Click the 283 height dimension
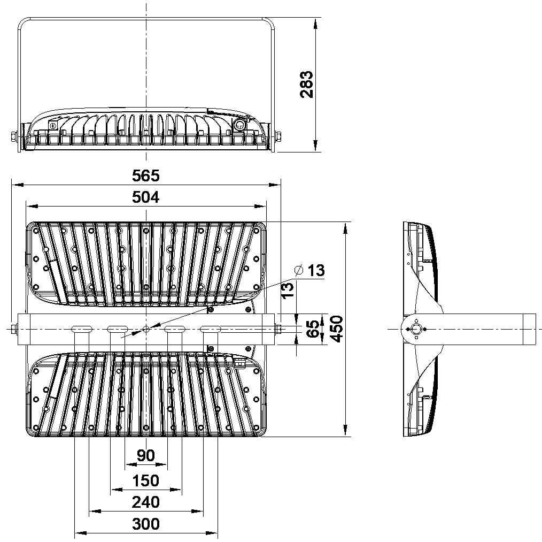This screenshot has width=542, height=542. (x=307, y=85)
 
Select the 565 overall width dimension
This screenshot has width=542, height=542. (x=146, y=176)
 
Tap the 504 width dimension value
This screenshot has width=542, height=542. (x=146, y=197)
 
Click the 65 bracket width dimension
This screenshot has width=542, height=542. (x=313, y=329)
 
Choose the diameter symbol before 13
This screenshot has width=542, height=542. (x=299, y=270)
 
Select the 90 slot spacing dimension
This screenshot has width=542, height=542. (x=146, y=455)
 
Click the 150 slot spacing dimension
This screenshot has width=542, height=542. (x=146, y=481)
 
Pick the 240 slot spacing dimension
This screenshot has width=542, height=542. (x=146, y=502)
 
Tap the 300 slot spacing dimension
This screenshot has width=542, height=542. (x=146, y=524)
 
